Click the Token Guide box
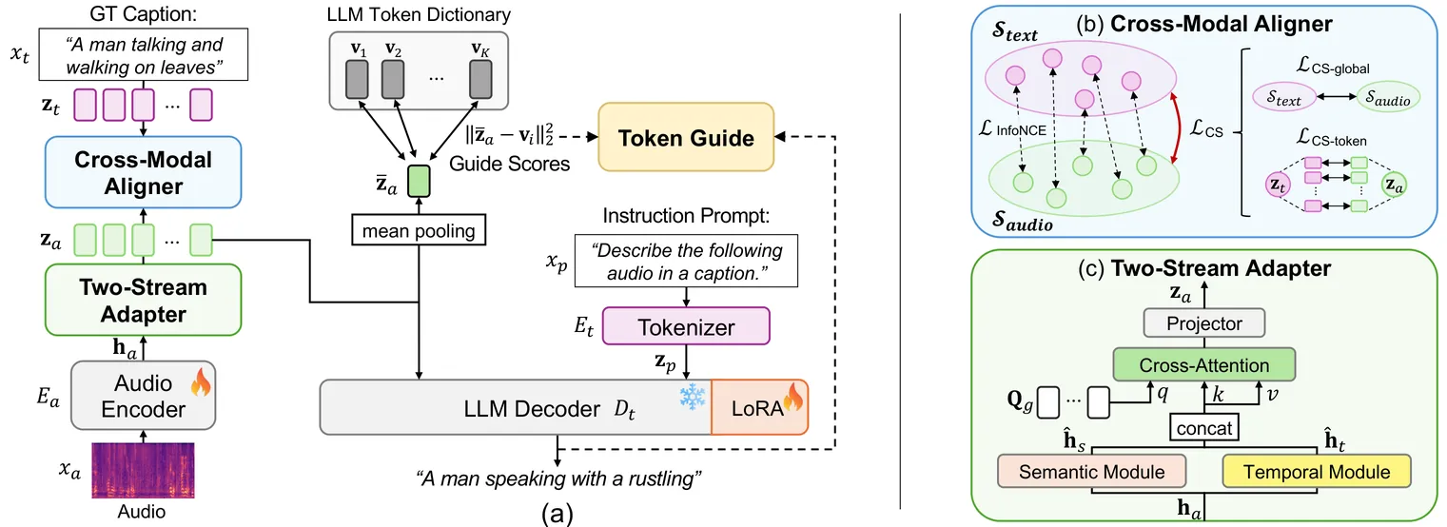[x=686, y=138]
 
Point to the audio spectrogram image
[x=143, y=470]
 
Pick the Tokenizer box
[x=686, y=327]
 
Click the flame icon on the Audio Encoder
[x=200, y=384]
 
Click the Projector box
[x=1204, y=323]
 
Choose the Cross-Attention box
[x=1204, y=365]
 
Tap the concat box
[x=1204, y=428]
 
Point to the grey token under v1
[x=357, y=76]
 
